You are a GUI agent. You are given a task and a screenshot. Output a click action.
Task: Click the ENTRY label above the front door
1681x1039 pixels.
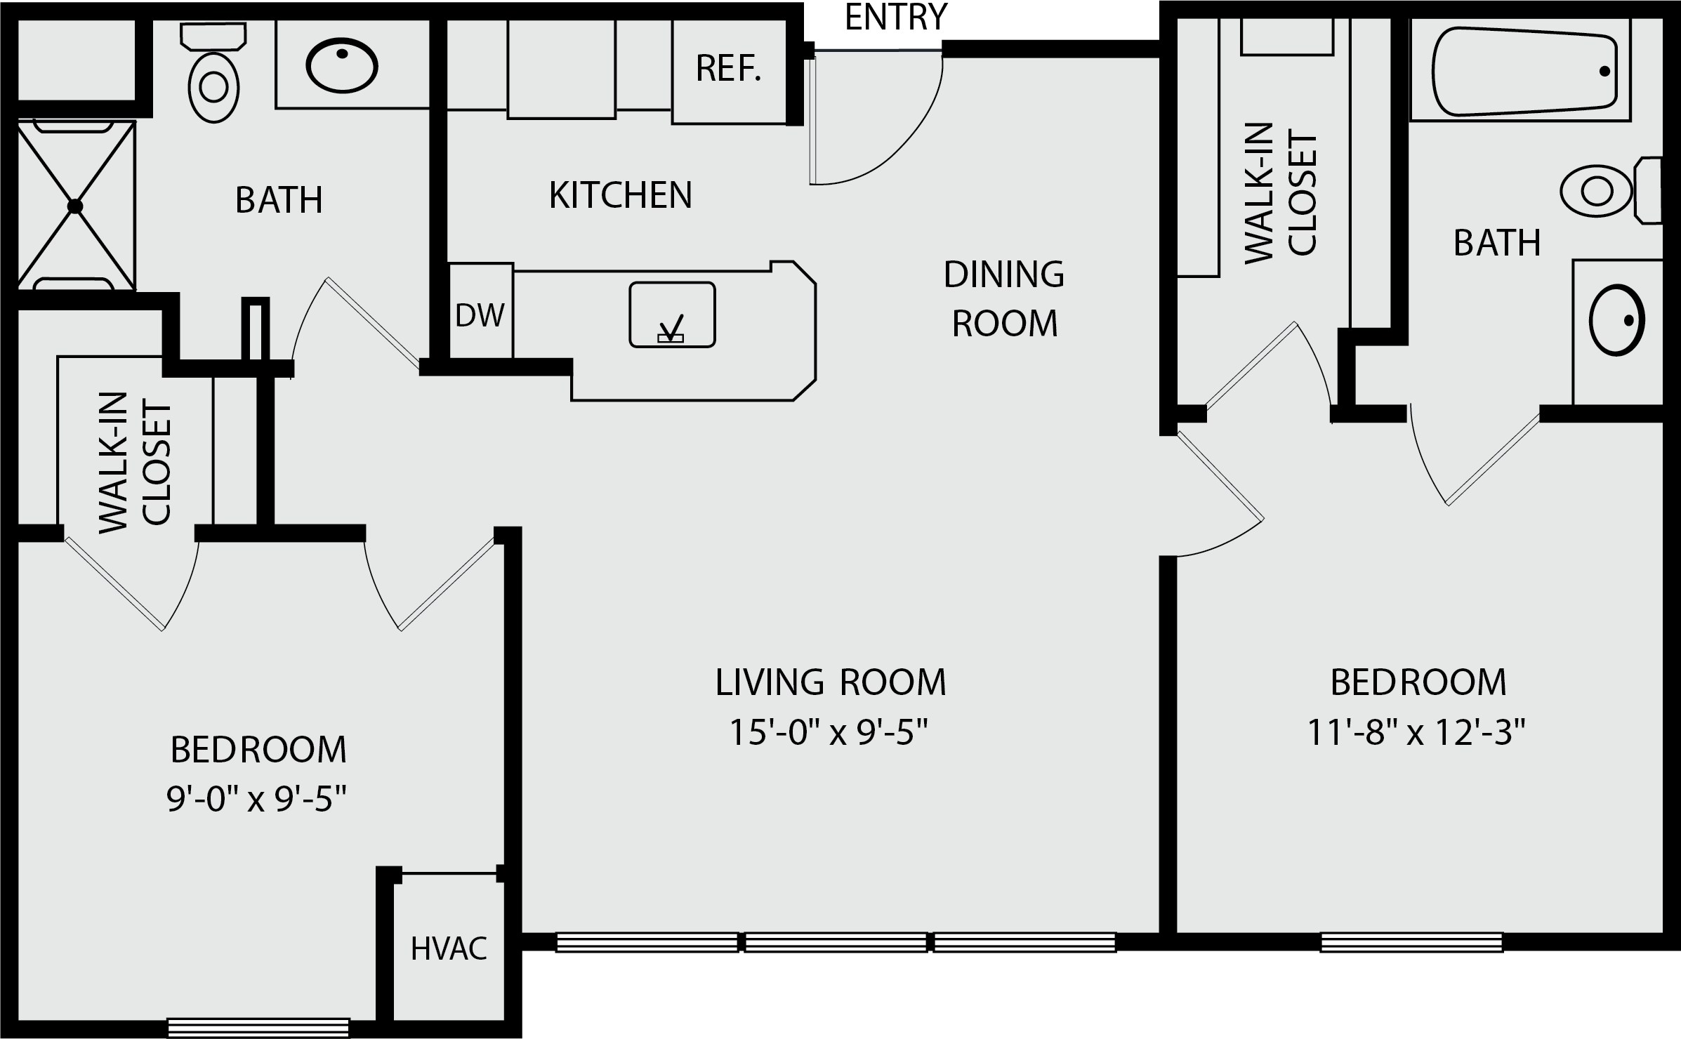pyautogui.click(x=896, y=18)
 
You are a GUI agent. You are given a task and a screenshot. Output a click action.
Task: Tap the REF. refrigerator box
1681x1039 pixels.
pyautogui.click(x=729, y=72)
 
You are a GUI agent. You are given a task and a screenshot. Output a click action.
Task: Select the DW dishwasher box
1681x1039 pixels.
pyautogui.click(x=480, y=310)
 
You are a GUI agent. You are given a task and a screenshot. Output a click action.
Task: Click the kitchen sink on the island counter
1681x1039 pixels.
pyautogui.click(x=672, y=315)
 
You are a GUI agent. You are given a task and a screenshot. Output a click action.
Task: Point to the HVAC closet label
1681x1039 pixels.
pyautogui.click(x=449, y=949)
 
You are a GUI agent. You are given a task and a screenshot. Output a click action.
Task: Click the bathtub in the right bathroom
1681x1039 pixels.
pyautogui.click(x=1524, y=71)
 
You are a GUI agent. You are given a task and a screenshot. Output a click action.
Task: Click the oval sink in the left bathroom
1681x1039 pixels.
pyautogui.click(x=342, y=67)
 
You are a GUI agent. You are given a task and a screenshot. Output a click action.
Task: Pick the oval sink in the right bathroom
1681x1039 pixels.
pyautogui.click(x=1617, y=320)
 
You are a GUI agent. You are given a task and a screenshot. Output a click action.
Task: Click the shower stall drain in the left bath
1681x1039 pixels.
pyautogui.click(x=75, y=206)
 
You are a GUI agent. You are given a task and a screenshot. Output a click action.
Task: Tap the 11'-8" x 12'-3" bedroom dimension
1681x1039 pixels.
pyautogui.click(x=1417, y=734)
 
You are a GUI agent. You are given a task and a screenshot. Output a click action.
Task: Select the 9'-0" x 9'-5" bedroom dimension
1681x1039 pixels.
pyautogui.click(x=257, y=799)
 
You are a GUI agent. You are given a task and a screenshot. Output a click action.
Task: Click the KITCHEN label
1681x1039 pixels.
pyautogui.click(x=621, y=195)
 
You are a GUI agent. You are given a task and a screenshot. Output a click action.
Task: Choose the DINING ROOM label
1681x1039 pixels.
pyautogui.click(x=1004, y=299)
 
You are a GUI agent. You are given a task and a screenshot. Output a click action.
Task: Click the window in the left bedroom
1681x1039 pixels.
pyautogui.click(x=258, y=1028)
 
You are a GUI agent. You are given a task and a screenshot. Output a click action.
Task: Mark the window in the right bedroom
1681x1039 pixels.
pyautogui.click(x=1411, y=942)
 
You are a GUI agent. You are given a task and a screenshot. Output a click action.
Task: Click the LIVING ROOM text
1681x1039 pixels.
pyautogui.click(x=831, y=682)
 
